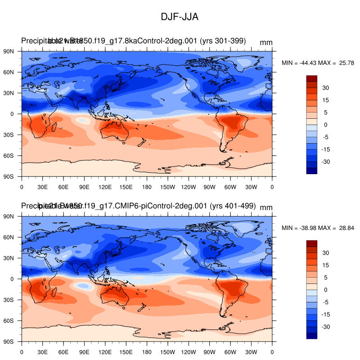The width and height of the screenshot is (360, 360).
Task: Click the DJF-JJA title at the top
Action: pyautogui.click(x=180, y=17)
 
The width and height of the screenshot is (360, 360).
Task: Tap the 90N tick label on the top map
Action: pyautogui.click(x=9, y=51)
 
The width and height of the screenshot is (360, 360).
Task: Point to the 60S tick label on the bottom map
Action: pyautogui.click(x=9, y=321)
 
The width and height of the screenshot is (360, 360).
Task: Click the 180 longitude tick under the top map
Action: pyautogui.click(x=147, y=186)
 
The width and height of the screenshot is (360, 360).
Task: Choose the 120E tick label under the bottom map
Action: pyautogui.click(x=105, y=351)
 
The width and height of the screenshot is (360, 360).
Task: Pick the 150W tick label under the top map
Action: pyautogui.click(x=167, y=186)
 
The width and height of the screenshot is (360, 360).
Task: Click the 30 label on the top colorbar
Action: pyautogui.click(x=326, y=88)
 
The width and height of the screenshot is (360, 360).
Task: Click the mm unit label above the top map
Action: pyautogui.click(x=266, y=42)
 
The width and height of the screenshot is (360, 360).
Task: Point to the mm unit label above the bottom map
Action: pyautogui.click(x=266, y=207)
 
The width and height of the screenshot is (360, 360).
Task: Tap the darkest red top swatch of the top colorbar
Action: pyautogui.click(x=312, y=78)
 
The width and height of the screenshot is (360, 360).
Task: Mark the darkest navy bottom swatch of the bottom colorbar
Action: pyautogui.click(x=312, y=336)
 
